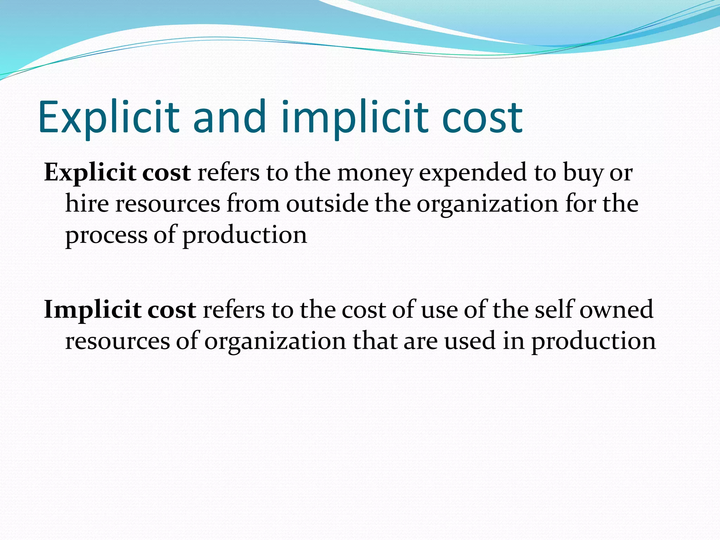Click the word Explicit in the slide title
(109, 117)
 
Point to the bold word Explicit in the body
(90, 173)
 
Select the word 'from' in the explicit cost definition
(253, 204)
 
